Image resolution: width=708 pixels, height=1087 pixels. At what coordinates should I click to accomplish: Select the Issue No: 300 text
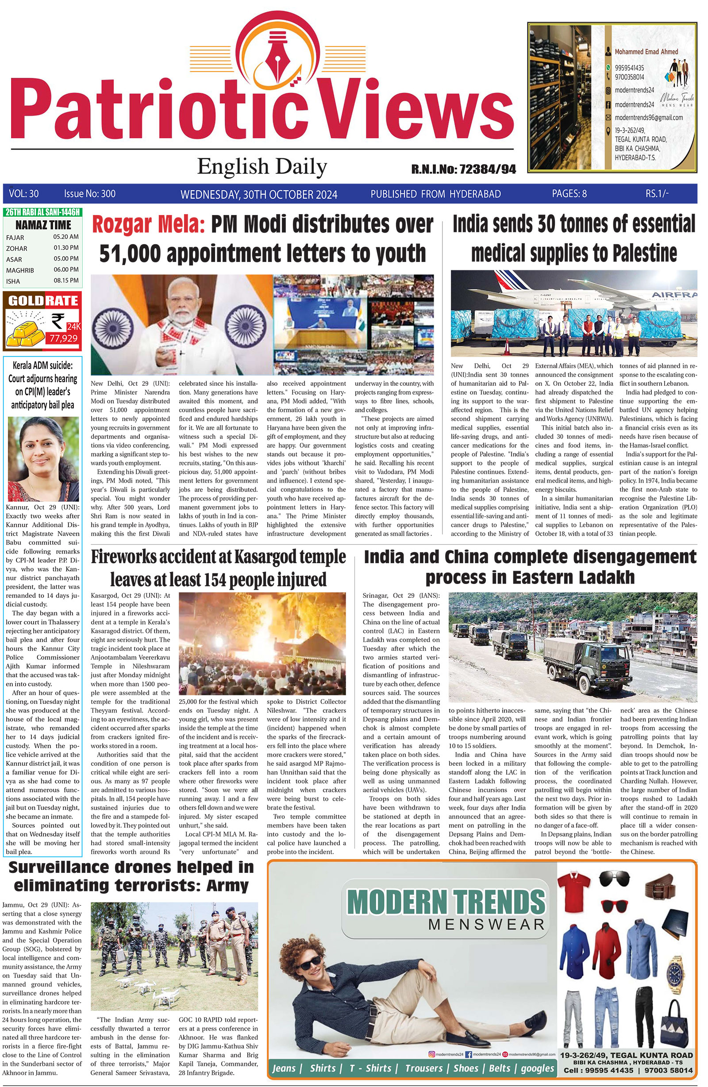[x=89, y=194]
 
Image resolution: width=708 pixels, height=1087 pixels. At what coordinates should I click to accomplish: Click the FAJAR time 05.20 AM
[x=66, y=237]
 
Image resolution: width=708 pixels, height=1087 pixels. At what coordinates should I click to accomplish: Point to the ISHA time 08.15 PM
[x=66, y=280]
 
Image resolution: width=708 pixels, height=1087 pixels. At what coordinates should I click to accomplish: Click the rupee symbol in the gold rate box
[x=58, y=321]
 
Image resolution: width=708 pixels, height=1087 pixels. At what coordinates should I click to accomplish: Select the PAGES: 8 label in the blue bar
[x=569, y=194]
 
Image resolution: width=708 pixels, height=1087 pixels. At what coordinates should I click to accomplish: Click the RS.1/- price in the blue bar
[x=657, y=194]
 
